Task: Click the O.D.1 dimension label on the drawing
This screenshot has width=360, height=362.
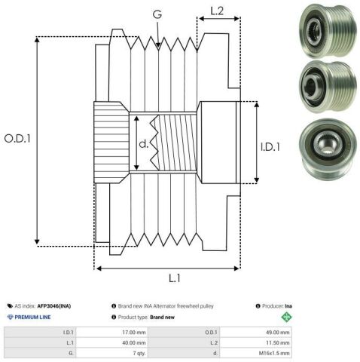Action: coord(17,139)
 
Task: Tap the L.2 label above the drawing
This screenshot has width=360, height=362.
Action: coord(217,11)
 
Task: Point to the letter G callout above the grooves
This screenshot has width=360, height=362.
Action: coord(157,14)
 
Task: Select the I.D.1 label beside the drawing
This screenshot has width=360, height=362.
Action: coord(270,147)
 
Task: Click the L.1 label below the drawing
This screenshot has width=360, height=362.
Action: coord(175,278)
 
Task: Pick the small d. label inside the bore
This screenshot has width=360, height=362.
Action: coord(144,143)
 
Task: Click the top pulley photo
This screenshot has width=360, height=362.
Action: coord(328,31)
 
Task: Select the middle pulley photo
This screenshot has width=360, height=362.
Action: coord(328,87)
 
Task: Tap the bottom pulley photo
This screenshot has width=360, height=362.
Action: coord(328,150)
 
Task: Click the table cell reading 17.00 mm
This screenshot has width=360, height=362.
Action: coord(134,333)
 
